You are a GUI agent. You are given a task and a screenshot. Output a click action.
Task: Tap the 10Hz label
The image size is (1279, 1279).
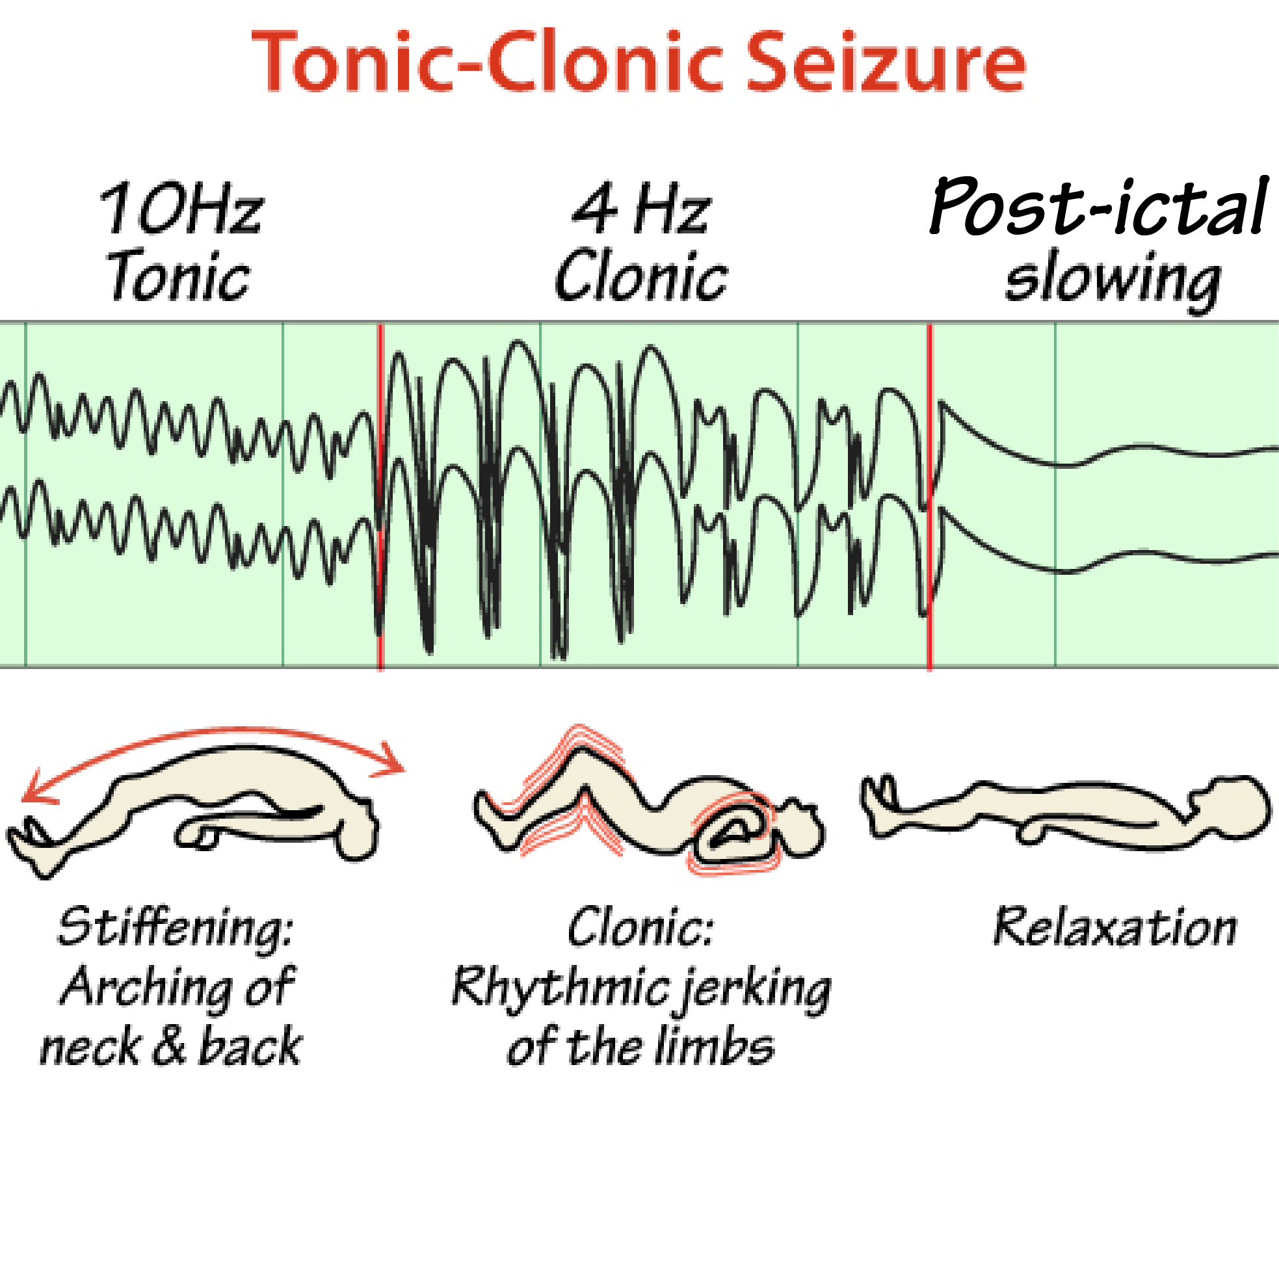tap(181, 209)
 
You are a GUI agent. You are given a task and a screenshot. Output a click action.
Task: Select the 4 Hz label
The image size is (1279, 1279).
tap(641, 209)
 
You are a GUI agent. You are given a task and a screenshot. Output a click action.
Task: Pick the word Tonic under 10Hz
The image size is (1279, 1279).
tap(179, 277)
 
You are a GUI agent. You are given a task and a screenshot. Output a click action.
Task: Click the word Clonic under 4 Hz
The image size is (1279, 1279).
tap(641, 277)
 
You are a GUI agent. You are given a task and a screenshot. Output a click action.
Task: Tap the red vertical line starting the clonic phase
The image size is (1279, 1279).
tap(380, 497)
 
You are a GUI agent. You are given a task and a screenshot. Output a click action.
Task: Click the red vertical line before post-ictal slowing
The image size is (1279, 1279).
tap(929, 497)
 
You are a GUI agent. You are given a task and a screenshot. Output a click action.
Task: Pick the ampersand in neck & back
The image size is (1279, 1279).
tap(170, 1046)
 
